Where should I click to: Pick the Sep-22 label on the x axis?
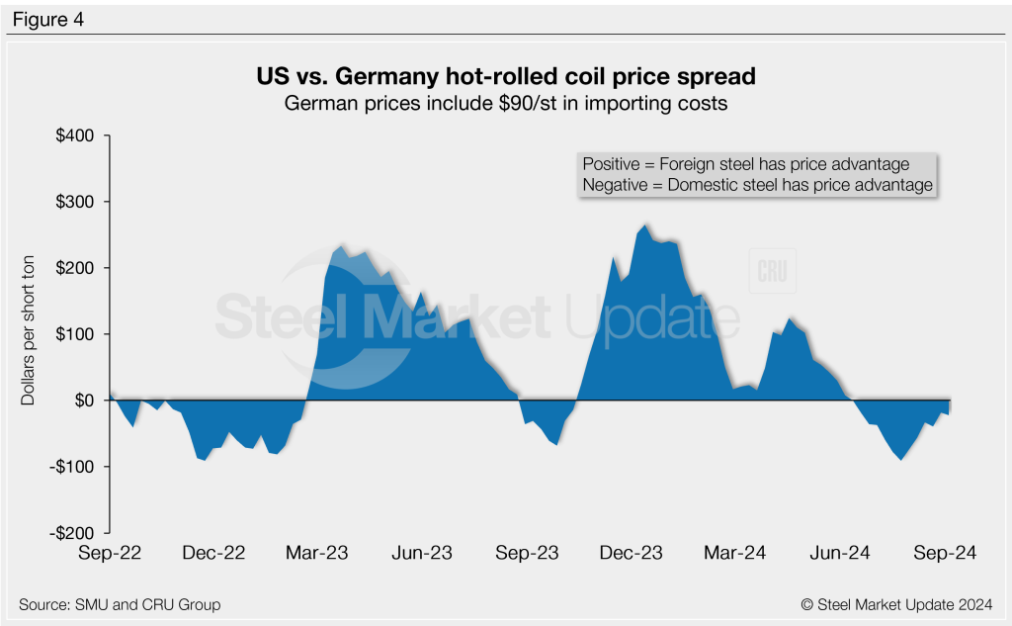pyautogui.click(x=109, y=554)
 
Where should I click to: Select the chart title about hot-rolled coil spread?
pyautogui.click(x=505, y=76)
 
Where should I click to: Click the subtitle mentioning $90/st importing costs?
pyautogui.click(x=505, y=103)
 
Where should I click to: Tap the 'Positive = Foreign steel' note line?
pyautogui.click(x=746, y=164)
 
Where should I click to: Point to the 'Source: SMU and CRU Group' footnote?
pyautogui.click(x=120, y=604)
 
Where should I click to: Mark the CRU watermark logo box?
pyautogui.click(x=773, y=271)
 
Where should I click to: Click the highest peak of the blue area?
pyautogui.click(x=645, y=225)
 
